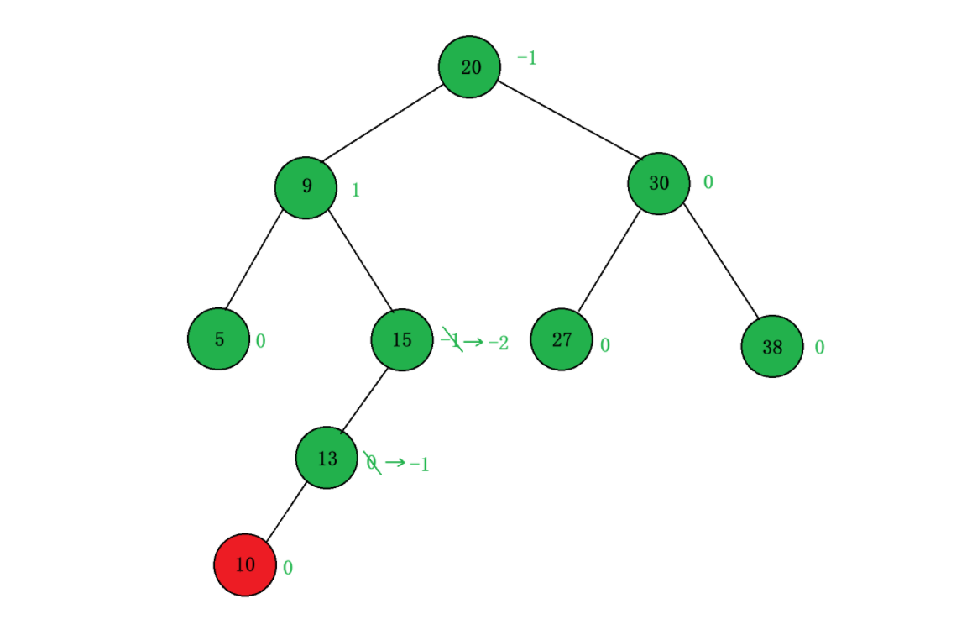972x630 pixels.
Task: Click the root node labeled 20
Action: [470, 67]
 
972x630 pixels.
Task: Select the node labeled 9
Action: [306, 186]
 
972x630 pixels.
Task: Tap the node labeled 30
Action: [659, 183]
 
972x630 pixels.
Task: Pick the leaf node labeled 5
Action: [219, 339]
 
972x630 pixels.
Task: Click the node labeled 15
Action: [402, 339]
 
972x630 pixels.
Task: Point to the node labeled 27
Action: [562, 339]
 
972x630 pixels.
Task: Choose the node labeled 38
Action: [772, 346]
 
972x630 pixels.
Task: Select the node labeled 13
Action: [327, 458]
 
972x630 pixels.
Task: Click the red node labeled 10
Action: [245, 564]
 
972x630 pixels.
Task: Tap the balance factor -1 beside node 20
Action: [526, 58]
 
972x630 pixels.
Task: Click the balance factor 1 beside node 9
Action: [356, 190]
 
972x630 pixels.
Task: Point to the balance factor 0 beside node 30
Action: [708, 182]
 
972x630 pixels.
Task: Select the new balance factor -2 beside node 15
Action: [499, 343]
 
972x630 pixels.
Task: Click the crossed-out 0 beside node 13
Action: [372, 463]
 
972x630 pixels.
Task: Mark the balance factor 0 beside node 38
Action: [819, 347]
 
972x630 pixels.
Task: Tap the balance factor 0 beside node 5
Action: [261, 341]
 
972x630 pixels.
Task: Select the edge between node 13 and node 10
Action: [286, 512]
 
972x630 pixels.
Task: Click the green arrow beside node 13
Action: [395, 463]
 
